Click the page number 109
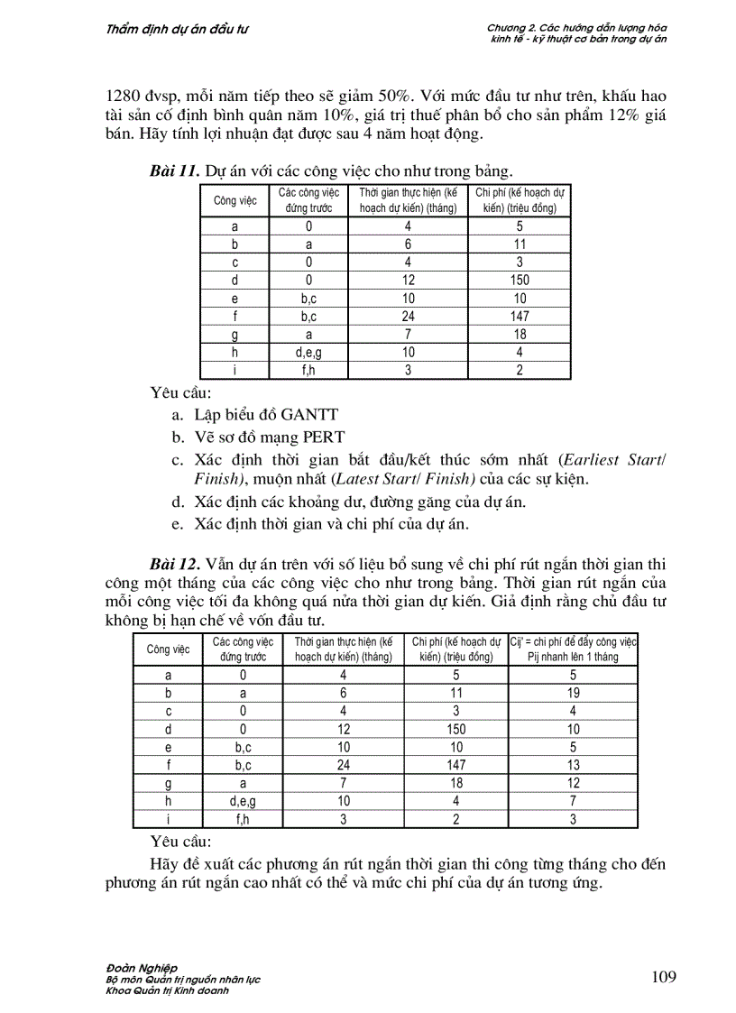[x=662, y=977]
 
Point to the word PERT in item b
[x=323, y=437]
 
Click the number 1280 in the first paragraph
[x=125, y=95]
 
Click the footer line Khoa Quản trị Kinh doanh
[x=167, y=990]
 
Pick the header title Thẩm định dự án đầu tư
[x=178, y=29]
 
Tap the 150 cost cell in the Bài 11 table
[x=520, y=281]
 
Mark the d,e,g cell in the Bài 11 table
[x=308, y=353]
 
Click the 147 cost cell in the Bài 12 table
[x=456, y=766]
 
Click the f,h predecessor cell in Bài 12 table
[x=243, y=820]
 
